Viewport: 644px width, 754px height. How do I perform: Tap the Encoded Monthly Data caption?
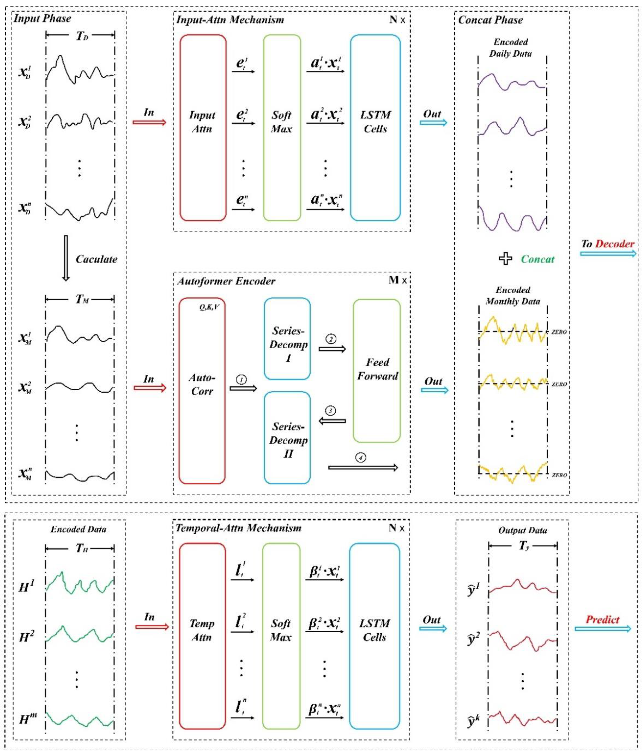click(x=513, y=296)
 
